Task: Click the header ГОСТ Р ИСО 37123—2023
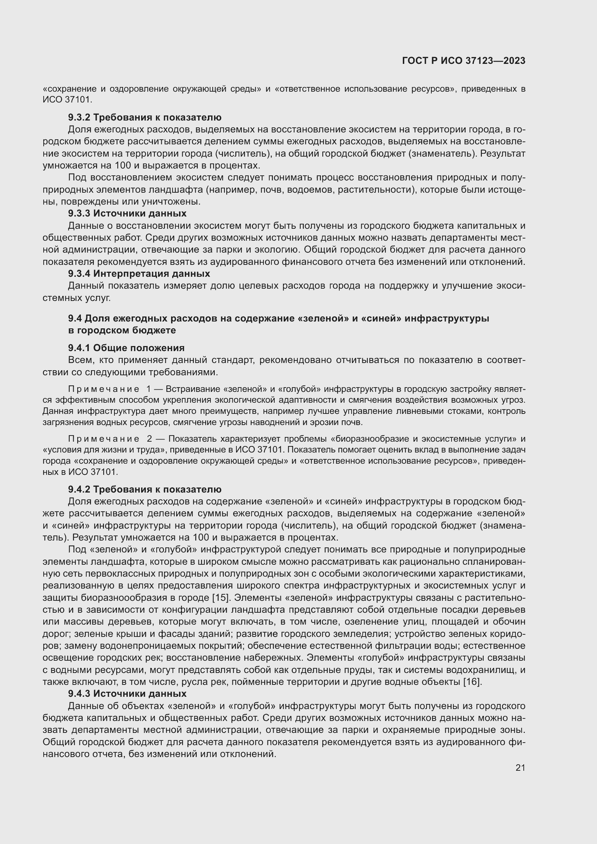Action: pos(463,61)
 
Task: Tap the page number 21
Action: pos(520,768)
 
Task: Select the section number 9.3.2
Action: pos(79,118)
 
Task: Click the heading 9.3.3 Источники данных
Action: pos(127,214)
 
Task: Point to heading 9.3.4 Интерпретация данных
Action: pos(139,274)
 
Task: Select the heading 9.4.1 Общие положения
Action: pos(126,348)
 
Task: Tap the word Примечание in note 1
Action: pos(104,389)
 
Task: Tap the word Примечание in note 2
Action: pos(104,439)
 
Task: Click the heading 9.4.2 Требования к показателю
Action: pos(144,489)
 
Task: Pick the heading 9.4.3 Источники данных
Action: pos(127,694)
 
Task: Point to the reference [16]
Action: pos(472,682)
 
